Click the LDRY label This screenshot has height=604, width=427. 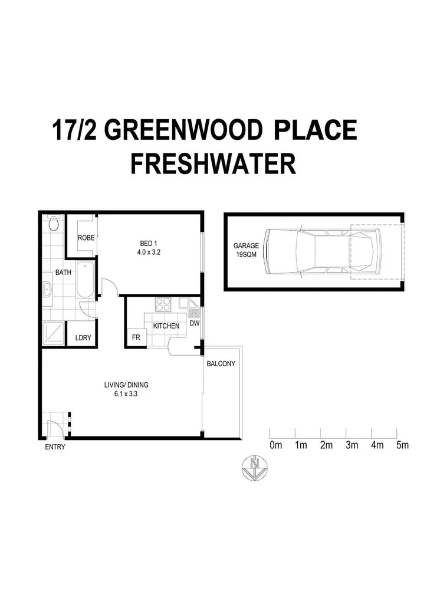pyautogui.click(x=82, y=338)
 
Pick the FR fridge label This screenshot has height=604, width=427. pyautogui.click(x=134, y=338)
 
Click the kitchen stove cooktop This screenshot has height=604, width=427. pyautogui.click(x=162, y=304)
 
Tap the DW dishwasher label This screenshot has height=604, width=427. pyautogui.click(x=194, y=324)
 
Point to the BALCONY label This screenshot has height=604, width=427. pyautogui.click(x=221, y=364)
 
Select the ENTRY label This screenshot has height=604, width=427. pyautogui.click(x=55, y=447)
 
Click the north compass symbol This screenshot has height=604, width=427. pyautogui.click(x=254, y=467)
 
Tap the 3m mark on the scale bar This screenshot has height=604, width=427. pyautogui.click(x=352, y=445)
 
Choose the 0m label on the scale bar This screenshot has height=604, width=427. pyautogui.click(x=275, y=445)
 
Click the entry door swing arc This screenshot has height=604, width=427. pyautogui.click(x=55, y=426)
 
